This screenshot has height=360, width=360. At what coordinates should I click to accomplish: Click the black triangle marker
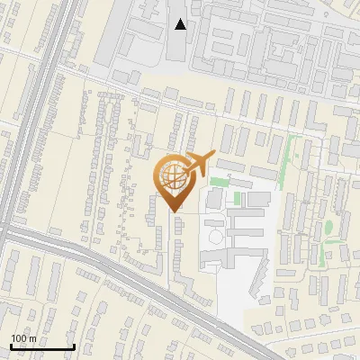(x=181, y=24)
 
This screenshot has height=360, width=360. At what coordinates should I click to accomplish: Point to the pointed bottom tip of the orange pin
(x=175, y=211)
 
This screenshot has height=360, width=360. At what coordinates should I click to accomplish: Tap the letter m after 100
(x=33, y=338)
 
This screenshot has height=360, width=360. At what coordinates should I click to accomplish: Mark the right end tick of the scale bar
(x=74, y=346)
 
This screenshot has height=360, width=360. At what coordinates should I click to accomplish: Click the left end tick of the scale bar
(x=10, y=346)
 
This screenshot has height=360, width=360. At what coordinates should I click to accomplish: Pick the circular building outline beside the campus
(x=216, y=236)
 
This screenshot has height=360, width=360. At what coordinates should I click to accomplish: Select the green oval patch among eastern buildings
(x=328, y=226)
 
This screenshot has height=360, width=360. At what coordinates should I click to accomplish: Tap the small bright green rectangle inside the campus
(x=238, y=198)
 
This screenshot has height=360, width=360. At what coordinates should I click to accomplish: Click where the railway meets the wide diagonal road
(x=13, y=229)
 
